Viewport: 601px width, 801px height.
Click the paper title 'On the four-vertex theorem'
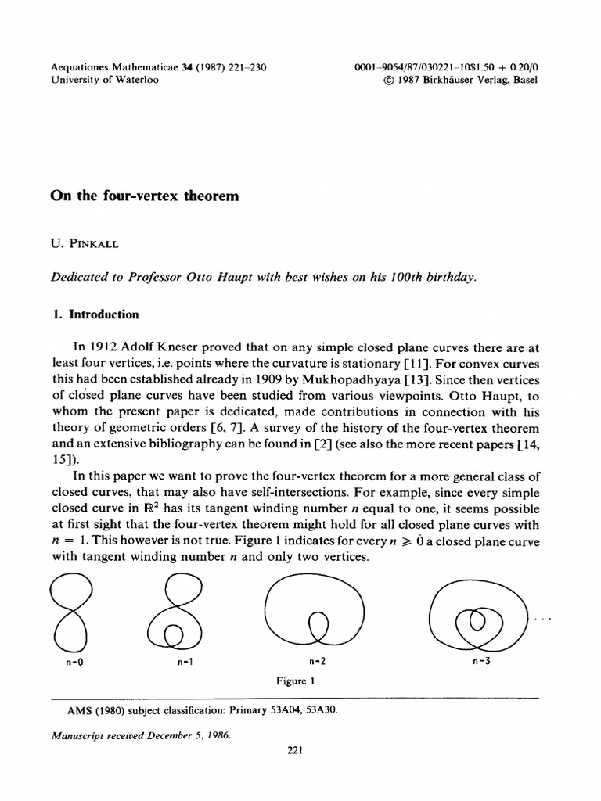(x=144, y=197)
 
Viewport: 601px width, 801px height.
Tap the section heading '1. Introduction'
(x=95, y=314)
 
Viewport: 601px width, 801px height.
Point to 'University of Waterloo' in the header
(x=104, y=81)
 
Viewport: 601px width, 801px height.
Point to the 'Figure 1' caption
(x=295, y=681)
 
